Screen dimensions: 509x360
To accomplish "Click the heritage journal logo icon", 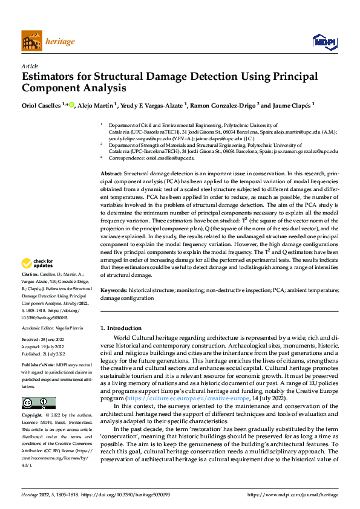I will pos(32,42).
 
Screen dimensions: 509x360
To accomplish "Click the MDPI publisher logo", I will pos(324,41).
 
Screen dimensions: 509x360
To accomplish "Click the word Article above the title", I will pos(30,66).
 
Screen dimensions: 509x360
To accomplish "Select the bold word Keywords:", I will pos(114,290).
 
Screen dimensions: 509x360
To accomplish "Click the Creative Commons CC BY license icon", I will pos(38,403).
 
